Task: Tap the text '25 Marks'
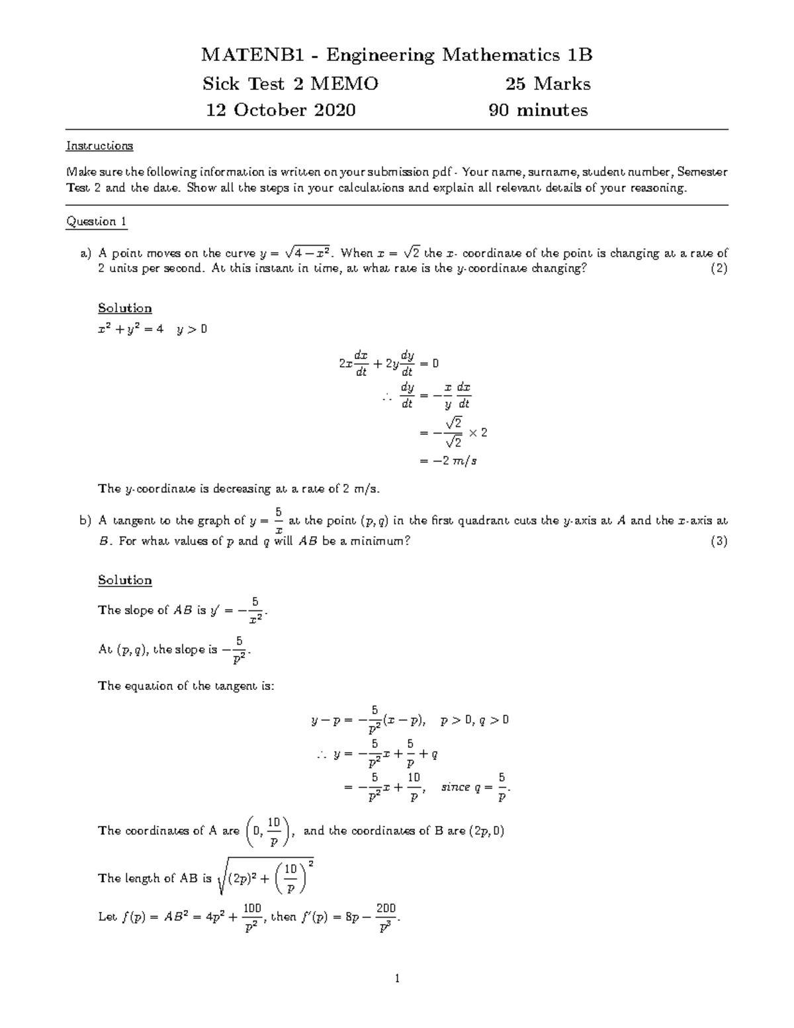(x=547, y=84)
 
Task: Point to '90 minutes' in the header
(x=537, y=110)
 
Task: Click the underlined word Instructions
(x=99, y=146)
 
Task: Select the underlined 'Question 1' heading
(x=96, y=222)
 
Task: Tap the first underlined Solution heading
(x=124, y=308)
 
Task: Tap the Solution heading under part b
(x=124, y=581)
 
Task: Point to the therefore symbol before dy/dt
(x=387, y=396)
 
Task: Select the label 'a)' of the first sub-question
(x=85, y=253)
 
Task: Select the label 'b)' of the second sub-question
(x=85, y=521)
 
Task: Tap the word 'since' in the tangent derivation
(x=455, y=787)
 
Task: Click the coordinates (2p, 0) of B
(x=486, y=831)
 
